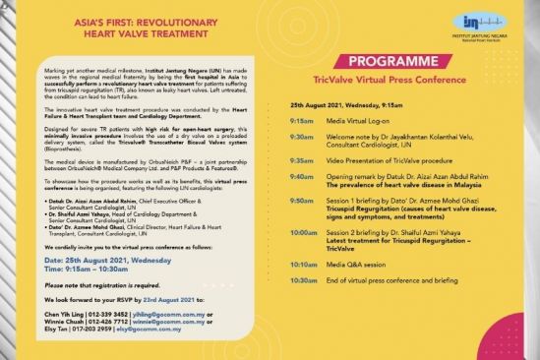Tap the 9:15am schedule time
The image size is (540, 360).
tap(302, 117)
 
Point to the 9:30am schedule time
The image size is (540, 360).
tap(302, 135)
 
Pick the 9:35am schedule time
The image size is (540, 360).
tap(302, 157)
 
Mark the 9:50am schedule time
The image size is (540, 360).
tap(302, 200)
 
